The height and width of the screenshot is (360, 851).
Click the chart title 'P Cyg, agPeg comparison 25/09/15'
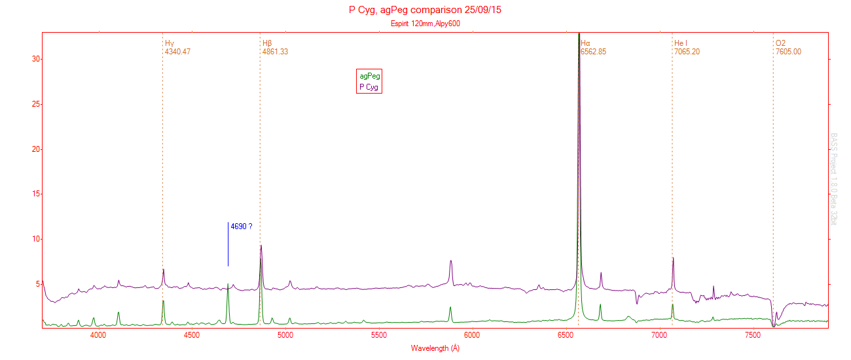tap(425, 10)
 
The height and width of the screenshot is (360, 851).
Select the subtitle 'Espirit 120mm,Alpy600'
tap(425, 24)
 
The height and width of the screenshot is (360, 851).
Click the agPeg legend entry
tap(369, 76)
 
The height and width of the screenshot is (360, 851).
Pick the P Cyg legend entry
tap(369, 87)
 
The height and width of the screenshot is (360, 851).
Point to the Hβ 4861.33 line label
tap(275, 47)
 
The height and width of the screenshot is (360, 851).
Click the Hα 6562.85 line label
tap(593, 47)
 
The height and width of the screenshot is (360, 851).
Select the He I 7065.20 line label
tap(687, 47)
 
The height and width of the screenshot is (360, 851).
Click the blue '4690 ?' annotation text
tap(241, 226)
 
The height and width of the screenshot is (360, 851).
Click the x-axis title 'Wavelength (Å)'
tap(435, 348)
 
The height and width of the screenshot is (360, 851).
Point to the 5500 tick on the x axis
tap(379, 335)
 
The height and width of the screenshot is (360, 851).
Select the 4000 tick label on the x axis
tap(98, 335)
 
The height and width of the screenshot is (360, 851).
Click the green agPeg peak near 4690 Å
tap(228, 285)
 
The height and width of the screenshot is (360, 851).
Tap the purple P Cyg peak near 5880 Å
tap(451, 261)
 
